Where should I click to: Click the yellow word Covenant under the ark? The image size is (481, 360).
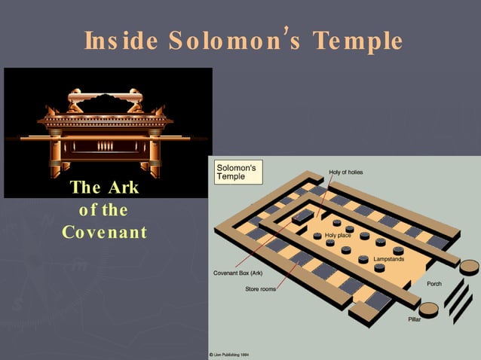pos(104,231)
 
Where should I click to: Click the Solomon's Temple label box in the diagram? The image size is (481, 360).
pos(238,171)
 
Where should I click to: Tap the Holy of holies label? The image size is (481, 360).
pos(346,172)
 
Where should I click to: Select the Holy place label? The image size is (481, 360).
pos(339,236)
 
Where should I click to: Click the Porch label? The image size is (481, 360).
pos(434,284)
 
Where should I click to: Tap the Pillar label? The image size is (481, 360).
pos(415,320)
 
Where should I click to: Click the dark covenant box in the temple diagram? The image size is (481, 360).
pos(302,217)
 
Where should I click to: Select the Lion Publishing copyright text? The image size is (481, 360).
pos(231,354)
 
